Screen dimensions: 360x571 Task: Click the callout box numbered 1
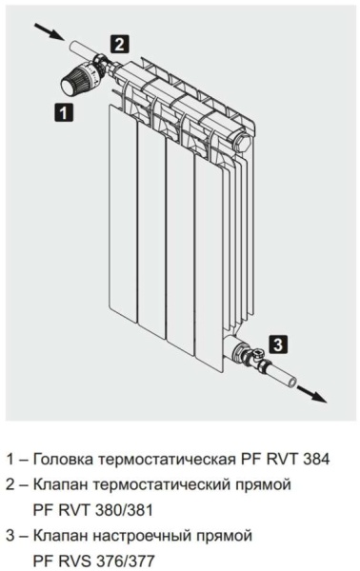pyautogui.click(x=64, y=112)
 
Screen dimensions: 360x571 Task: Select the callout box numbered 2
pyautogui.click(x=119, y=45)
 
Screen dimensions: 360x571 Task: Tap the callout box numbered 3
pyautogui.click(x=278, y=345)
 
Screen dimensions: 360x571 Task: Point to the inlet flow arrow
pyautogui.click(x=49, y=31)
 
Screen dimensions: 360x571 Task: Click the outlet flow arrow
pyautogui.click(x=311, y=394)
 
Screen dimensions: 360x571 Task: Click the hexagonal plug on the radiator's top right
pyautogui.click(x=242, y=141)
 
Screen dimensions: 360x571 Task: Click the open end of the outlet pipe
pyautogui.click(x=291, y=383)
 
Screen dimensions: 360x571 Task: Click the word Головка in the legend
pyautogui.click(x=62, y=460)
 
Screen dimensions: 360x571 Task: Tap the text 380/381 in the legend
pyautogui.click(x=123, y=510)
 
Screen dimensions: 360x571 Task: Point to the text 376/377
pyautogui.click(x=125, y=561)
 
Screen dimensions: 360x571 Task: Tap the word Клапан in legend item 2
pyautogui.click(x=61, y=484)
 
